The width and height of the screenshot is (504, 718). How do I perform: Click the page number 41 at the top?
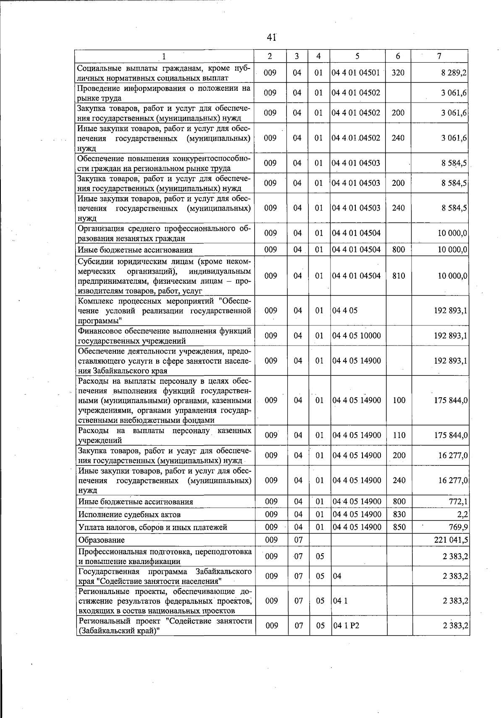coord(271,37)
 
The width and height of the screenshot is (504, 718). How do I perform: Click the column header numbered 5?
coord(357,56)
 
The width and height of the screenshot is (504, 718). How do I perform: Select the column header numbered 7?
coord(439,56)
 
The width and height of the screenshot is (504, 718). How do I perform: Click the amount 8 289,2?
coord(454,72)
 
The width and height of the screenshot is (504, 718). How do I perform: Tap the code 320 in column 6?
coord(398,72)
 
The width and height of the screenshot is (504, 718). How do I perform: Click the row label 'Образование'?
coord(101,540)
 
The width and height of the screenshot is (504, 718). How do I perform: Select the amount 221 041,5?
coord(451,540)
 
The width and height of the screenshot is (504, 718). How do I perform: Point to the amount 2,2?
coord(463,514)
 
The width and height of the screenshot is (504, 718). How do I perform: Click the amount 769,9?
coord(458,527)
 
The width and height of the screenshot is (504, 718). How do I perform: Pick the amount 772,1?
coord(458,502)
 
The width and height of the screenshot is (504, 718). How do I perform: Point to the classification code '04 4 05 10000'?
coord(357,335)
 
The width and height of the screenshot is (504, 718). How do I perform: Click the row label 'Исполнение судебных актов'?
coord(130,515)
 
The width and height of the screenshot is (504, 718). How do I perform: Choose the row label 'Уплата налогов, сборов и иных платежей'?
coord(153,527)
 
